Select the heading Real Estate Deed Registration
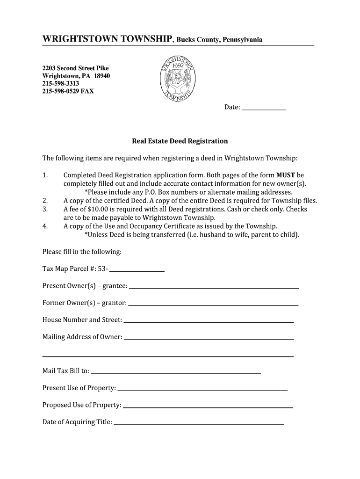click(x=180, y=141)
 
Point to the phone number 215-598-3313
click(x=61, y=83)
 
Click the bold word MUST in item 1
click(x=285, y=175)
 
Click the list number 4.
click(x=45, y=226)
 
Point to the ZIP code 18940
click(x=102, y=76)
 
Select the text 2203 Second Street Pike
click(x=75, y=68)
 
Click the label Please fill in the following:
click(x=82, y=252)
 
